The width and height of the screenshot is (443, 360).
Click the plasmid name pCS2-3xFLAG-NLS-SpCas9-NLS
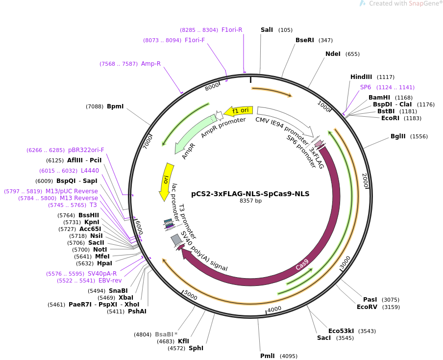(x=250, y=194)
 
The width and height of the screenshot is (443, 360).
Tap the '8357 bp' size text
(x=250, y=201)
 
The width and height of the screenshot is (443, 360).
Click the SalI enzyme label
(x=267, y=30)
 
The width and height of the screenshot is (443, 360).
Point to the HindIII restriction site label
(x=361, y=77)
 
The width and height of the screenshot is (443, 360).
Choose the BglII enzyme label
(x=398, y=136)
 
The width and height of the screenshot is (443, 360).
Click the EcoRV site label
(x=368, y=307)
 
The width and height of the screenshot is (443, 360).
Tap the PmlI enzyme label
(x=268, y=356)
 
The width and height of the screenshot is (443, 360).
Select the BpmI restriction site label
(x=115, y=106)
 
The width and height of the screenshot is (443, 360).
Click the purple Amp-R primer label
(x=151, y=64)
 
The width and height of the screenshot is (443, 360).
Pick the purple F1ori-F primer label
(x=195, y=40)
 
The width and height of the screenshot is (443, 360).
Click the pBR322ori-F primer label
(x=86, y=150)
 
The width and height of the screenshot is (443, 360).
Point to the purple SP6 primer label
(x=366, y=87)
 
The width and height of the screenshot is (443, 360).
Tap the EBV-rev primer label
(x=110, y=281)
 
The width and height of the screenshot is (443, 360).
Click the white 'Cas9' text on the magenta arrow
(x=302, y=265)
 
